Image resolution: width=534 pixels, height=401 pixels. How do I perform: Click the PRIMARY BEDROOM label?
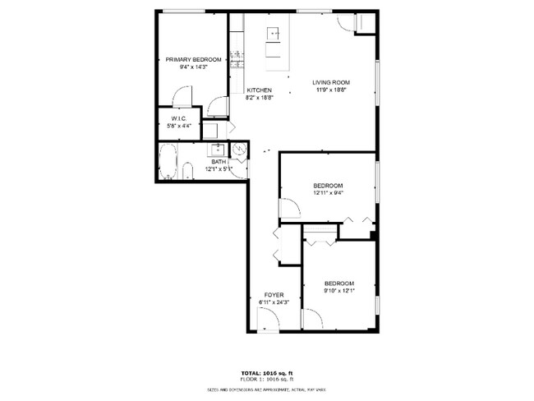[193, 60]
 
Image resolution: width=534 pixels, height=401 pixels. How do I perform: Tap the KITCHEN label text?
[259, 90]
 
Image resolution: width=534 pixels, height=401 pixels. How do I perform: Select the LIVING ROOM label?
[331, 82]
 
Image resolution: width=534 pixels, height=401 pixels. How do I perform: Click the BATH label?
[219, 162]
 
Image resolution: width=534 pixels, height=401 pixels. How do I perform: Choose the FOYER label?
[274, 295]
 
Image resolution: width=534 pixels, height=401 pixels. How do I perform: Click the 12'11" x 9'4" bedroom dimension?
[328, 194]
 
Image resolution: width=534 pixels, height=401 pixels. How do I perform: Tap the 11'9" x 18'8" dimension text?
[330, 90]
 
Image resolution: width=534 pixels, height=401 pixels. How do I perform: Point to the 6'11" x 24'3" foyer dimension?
[274, 302]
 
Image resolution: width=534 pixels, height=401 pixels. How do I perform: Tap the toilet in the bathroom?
[188, 172]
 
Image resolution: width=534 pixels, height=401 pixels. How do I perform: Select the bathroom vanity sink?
[218, 149]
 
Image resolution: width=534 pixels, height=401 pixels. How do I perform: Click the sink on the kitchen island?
[273, 34]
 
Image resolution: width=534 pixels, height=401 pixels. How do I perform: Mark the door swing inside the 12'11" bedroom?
[288, 209]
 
